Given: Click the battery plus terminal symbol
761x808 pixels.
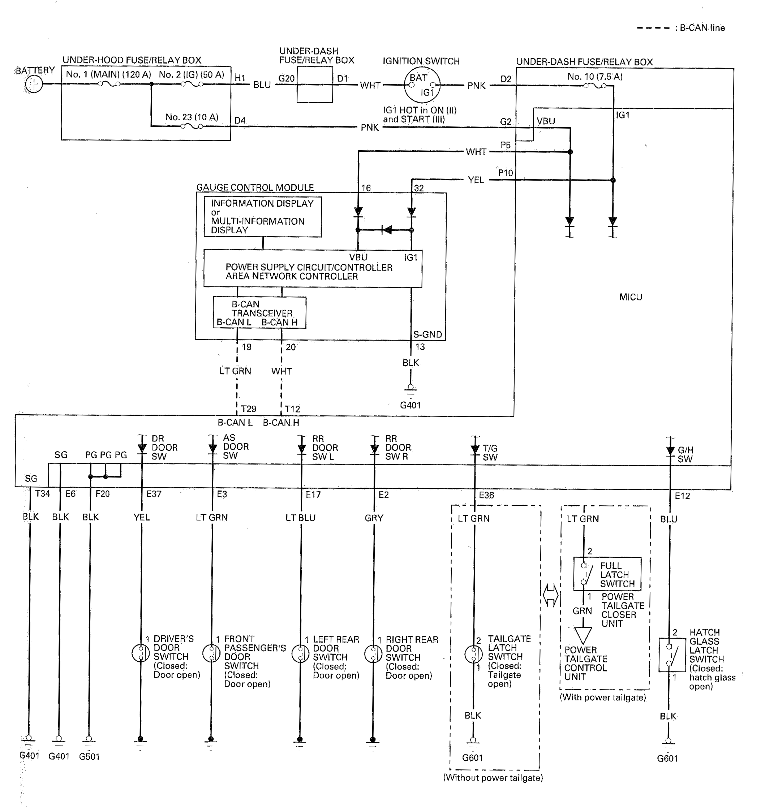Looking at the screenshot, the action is pyautogui.click(x=34, y=85).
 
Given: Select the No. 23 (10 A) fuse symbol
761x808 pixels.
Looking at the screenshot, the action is pyautogui.click(x=192, y=126).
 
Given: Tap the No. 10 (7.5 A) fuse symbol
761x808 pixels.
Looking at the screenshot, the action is pyautogui.click(x=595, y=86).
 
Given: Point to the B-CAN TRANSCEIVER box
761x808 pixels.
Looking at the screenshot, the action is pyautogui.click(x=259, y=312).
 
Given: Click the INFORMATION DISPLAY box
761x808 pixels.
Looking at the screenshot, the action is pyautogui.click(x=263, y=217).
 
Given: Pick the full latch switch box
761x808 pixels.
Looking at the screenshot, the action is pyautogui.click(x=607, y=574).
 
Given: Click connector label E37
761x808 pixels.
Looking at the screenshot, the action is pyautogui.click(x=154, y=494).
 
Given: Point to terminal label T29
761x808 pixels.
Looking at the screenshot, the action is pyautogui.click(x=248, y=409).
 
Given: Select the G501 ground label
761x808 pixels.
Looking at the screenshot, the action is pyautogui.click(x=89, y=757).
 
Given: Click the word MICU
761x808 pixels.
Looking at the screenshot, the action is pyautogui.click(x=631, y=297).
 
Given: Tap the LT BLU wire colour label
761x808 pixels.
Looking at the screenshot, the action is pyautogui.click(x=300, y=518).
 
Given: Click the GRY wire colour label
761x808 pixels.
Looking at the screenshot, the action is pyautogui.click(x=374, y=518).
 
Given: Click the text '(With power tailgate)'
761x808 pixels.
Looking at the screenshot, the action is pyautogui.click(x=603, y=697).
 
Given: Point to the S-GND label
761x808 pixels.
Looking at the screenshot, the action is pyautogui.click(x=428, y=334).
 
